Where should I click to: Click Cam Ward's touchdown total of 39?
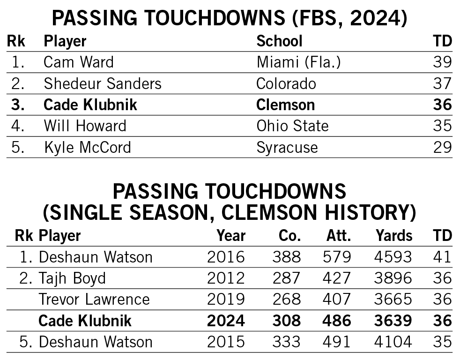tap(442, 62)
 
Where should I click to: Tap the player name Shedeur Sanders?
tap(103, 84)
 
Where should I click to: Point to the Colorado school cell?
tap(286, 84)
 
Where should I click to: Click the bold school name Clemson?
tap(285, 105)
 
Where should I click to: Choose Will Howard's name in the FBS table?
tap(85, 126)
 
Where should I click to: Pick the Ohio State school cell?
tap(292, 126)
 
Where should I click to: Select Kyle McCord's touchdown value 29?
tap(442, 148)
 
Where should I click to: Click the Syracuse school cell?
tap(287, 148)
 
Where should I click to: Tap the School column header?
tap(279, 41)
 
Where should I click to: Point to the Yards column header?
tap(393, 236)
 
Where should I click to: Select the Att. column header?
tap(338, 236)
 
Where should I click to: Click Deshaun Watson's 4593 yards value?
tap(393, 257)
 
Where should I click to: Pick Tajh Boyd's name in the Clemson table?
tap(72, 278)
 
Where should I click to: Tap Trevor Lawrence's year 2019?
tap(226, 300)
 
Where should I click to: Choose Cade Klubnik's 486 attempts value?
tap(336, 321)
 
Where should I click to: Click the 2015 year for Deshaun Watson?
tap(226, 342)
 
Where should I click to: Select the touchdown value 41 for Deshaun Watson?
tap(442, 257)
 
